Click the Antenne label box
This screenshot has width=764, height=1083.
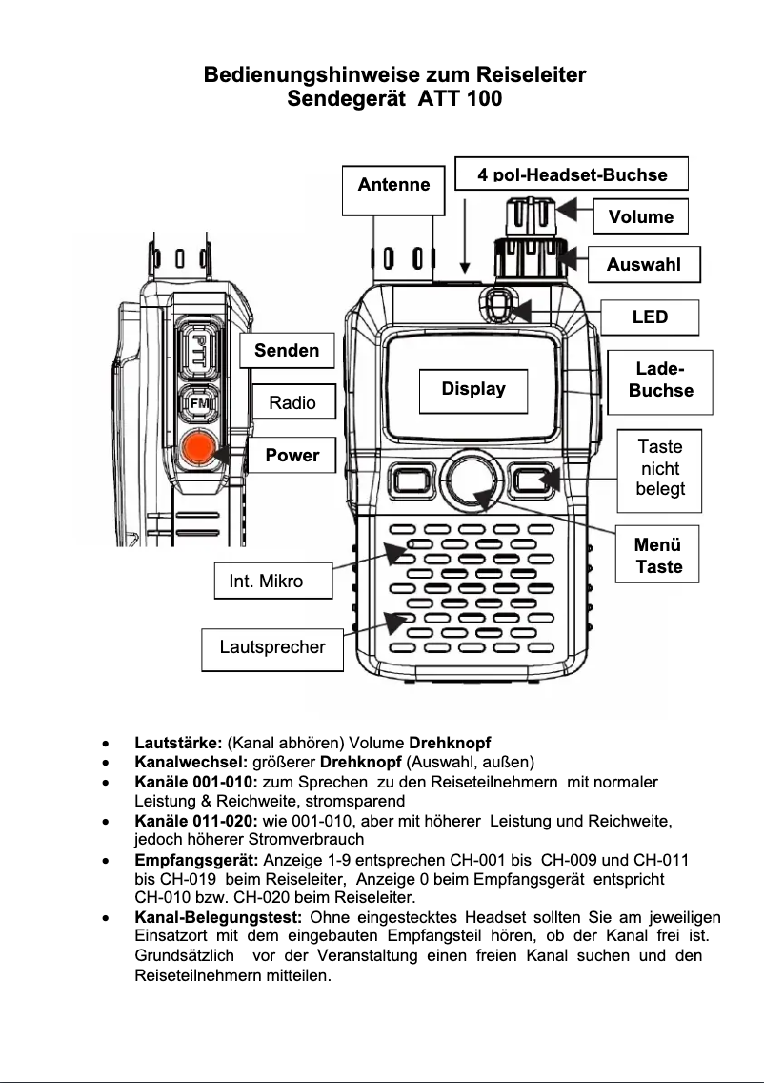tap(393, 185)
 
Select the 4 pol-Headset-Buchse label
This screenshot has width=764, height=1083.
tap(572, 174)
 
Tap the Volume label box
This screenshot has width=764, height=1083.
tap(640, 217)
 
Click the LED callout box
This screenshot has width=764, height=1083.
tap(650, 317)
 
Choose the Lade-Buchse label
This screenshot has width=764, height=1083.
tap(660, 379)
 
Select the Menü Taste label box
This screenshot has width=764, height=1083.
tap(657, 556)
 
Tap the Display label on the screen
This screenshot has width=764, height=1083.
tap(473, 389)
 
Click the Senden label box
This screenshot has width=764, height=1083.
tap(287, 351)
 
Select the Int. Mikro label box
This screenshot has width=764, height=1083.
tap(267, 581)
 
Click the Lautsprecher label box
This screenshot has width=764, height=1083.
tap(272, 647)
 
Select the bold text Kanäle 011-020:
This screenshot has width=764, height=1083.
tap(196, 821)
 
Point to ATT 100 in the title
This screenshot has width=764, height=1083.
tap(453, 98)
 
